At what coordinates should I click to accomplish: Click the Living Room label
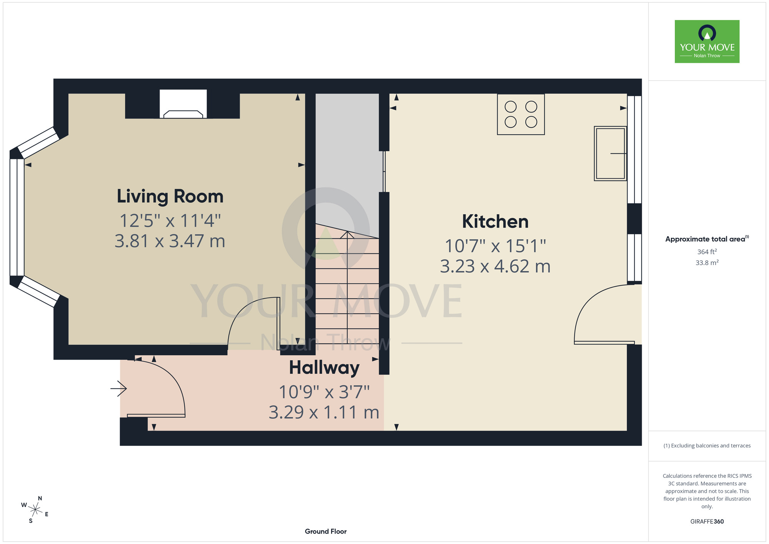tap(170, 196)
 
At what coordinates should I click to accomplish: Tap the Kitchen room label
tap(495, 222)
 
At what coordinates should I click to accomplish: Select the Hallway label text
tap(324, 368)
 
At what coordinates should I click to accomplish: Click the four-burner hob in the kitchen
tap(521, 114)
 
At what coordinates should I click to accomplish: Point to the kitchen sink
tap(610, 154)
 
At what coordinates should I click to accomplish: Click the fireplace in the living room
tap(183, 104)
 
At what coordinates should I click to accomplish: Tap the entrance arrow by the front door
tap(118, 389)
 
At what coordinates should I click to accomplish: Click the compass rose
tap(35, 510)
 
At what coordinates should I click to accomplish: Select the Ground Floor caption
tap(326, 531)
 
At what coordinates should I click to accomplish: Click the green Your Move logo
tap(707, 42)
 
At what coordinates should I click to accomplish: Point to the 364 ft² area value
tap(707, 252)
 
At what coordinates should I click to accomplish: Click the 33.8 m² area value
tap(707, 263)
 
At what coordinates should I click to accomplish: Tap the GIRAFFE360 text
tap(707, 522)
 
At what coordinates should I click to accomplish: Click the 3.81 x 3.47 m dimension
tap(170, 241)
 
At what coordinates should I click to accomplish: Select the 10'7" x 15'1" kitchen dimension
tap(495, 246)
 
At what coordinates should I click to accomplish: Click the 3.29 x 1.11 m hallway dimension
tap(324, 412)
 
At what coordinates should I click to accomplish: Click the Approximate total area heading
tap(707, 239)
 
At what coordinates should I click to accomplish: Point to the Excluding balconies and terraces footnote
tap(707, 446)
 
